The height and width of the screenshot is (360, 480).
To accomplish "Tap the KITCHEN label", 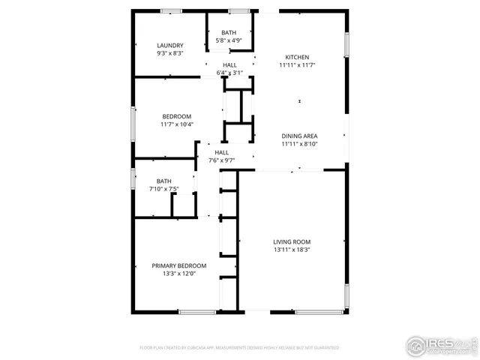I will click(297, 57).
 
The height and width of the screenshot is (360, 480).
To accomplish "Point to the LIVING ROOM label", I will click(292, 241).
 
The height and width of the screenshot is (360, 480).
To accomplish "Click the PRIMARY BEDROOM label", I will click(179, 265).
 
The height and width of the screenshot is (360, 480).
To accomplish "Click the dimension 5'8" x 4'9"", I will click(228, 40).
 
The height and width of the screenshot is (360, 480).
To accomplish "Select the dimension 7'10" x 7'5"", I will click(163, 189).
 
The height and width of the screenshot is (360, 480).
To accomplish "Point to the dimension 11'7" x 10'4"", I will click(177, 124).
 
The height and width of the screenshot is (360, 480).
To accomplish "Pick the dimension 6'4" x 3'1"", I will click(229, 73).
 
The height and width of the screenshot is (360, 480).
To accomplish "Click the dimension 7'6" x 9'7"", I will click(222, 160).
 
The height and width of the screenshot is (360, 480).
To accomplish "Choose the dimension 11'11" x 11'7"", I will click(297, 65).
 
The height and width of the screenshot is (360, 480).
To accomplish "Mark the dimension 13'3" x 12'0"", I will click(179, 274).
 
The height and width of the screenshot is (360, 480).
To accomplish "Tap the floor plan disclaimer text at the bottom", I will click(240, 348).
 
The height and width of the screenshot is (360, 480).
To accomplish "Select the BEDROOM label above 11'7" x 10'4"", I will click(177, 116).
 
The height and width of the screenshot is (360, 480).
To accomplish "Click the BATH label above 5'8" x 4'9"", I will click(229, 32).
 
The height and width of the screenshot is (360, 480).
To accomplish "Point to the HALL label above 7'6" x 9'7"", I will click(222, 152).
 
